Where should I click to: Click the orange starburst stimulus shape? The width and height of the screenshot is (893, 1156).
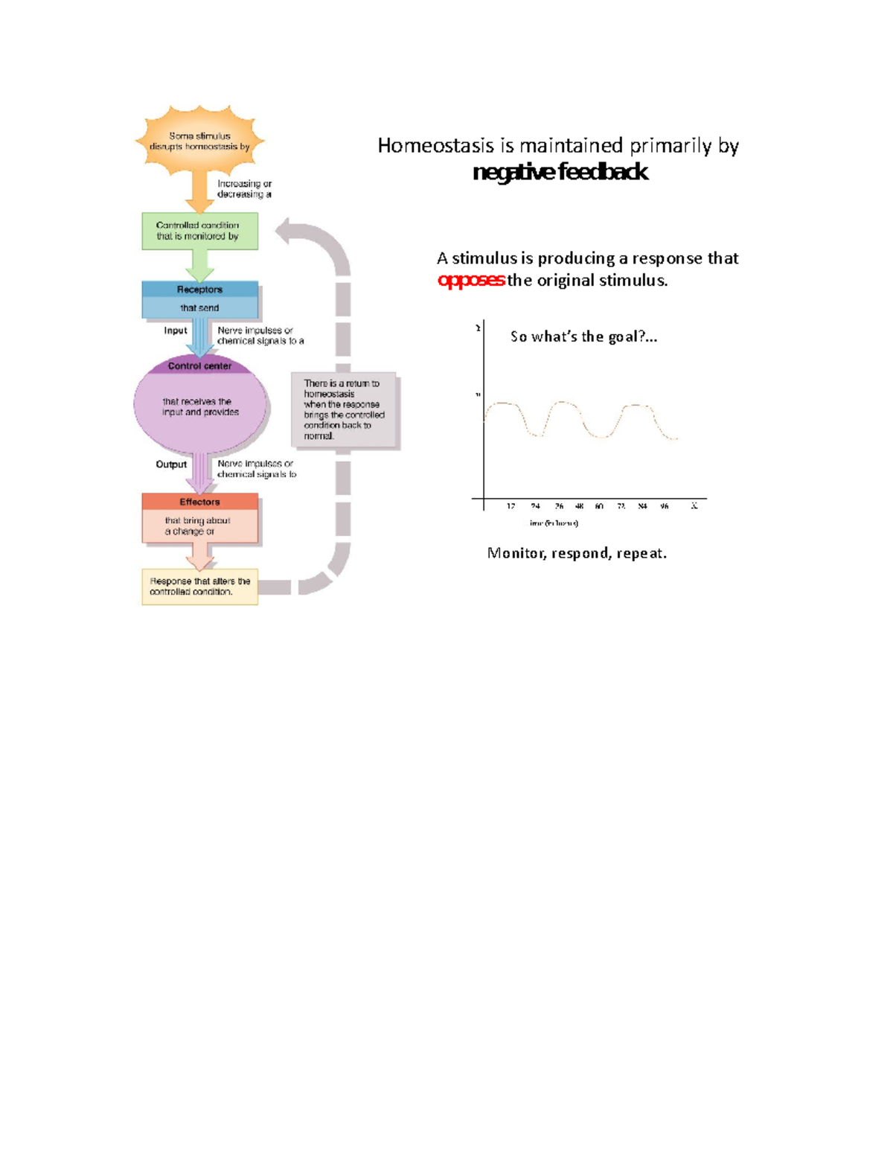(199, 141)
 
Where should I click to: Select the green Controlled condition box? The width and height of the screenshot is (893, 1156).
(199, 231)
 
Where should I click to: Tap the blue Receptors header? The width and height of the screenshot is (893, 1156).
(199, 290)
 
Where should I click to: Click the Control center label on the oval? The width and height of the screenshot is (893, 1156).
(199, 366)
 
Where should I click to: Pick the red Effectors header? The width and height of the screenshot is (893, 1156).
(199, 502)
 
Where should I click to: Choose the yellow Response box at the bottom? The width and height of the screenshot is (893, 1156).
(199, 587)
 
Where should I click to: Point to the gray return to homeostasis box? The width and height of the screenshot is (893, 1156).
(345, 410)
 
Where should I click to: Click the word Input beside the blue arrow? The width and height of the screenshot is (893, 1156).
(176, 330)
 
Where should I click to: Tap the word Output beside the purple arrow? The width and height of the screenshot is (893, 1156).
(171, 464)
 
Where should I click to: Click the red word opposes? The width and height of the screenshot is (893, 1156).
(471, 281)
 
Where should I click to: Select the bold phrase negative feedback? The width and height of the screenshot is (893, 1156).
(560, 172)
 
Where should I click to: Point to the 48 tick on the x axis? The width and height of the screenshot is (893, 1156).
(579, 506)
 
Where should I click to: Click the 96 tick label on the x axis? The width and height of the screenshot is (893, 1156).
(665, 506)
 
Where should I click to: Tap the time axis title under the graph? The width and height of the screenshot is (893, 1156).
(554, 523)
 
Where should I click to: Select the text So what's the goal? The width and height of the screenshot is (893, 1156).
(583, 336)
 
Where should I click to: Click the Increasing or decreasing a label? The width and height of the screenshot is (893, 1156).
(244, 188)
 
